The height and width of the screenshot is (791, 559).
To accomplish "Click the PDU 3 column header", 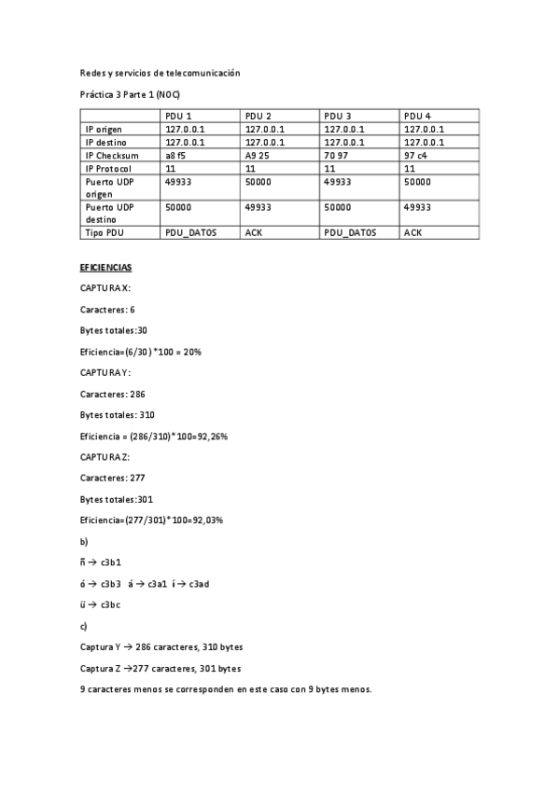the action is pos(337,116).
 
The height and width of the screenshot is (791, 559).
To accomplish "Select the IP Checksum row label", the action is pos(112,155).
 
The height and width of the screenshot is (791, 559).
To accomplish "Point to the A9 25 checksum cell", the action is pos(257,155).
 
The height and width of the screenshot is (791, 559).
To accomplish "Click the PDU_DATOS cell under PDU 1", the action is pos(190,232).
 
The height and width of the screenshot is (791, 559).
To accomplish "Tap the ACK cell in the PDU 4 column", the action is pos(413,232).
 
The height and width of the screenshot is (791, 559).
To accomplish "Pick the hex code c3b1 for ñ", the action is pos(112,562).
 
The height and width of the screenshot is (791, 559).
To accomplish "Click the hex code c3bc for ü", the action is pos(112,604).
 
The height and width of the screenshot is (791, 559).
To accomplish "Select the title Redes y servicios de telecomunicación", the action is pos(161,73).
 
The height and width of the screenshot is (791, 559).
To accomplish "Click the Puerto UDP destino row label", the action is pos(110,213).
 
